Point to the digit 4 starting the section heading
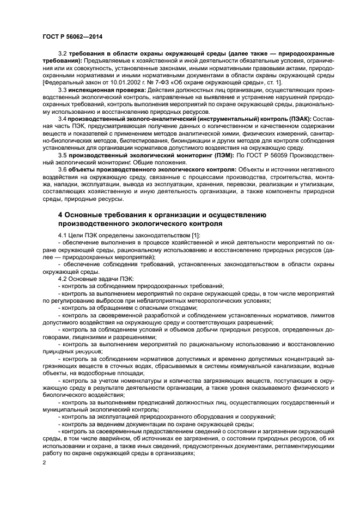click(x=60, y=215)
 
